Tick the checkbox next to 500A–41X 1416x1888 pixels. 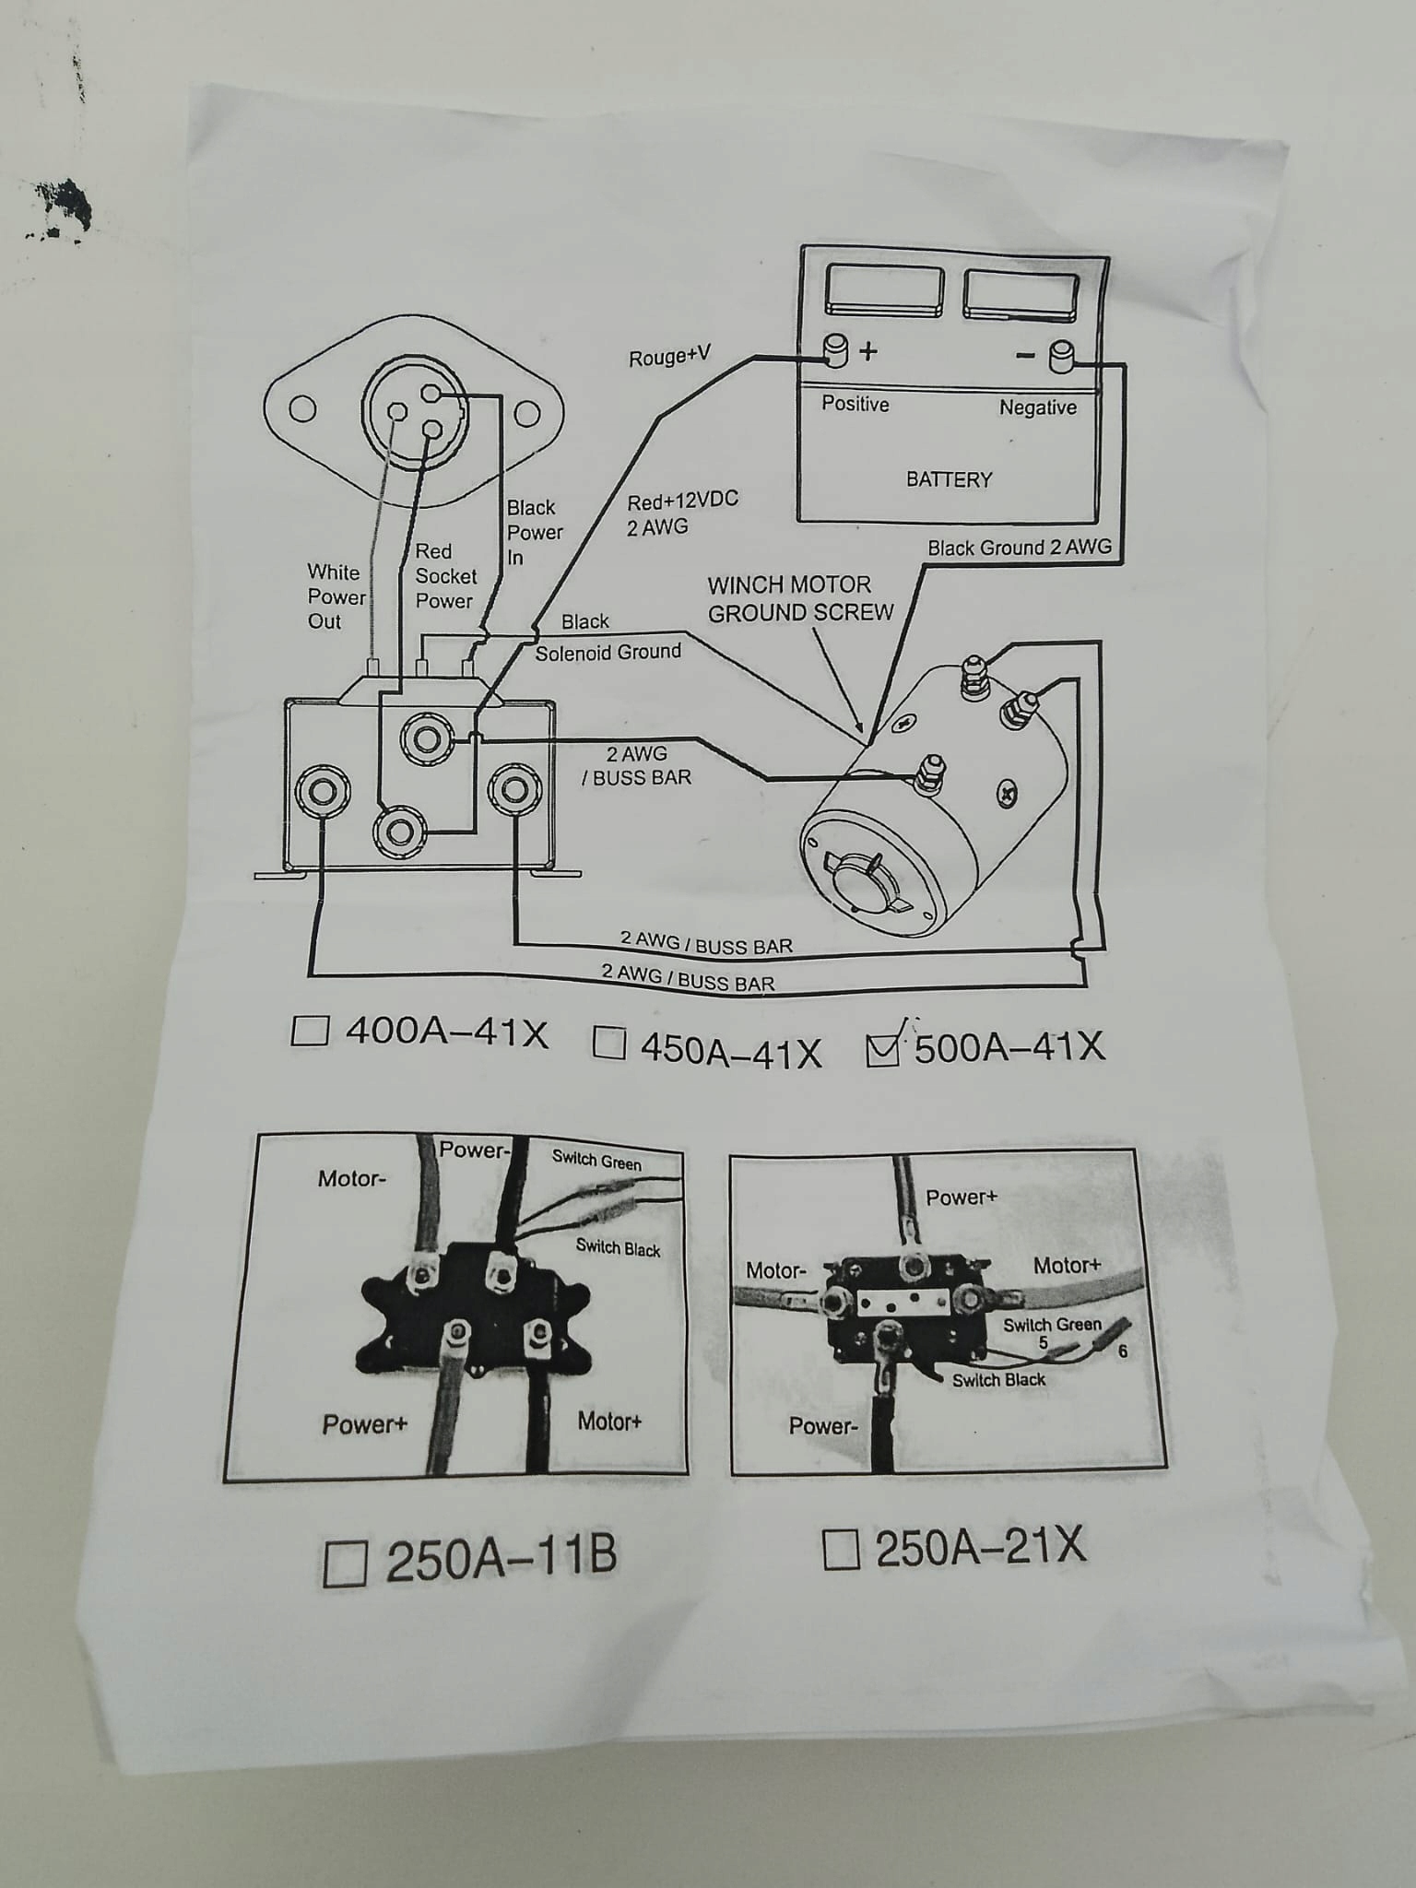point(883,1048)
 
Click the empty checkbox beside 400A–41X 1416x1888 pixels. point(310,1030)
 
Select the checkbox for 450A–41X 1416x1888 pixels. point(608,1043)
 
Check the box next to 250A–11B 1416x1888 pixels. point(346,1563)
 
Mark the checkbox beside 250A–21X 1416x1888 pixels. point(840,1549)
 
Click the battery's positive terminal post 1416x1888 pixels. point(835,351)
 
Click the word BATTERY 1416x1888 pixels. point(949,479)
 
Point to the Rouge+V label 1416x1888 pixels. point(669,357)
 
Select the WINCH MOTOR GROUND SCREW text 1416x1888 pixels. point(799,598)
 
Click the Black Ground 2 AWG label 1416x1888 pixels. point(1019,548)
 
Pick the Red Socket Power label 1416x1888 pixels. point(445,576)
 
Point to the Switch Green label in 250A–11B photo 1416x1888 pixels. point(596,1161)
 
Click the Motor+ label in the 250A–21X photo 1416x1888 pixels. point(1067,1266)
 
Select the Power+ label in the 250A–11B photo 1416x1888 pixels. point(364,1425)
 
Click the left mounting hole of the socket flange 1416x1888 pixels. point(302,408)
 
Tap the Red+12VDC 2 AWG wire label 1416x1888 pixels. point(681,513)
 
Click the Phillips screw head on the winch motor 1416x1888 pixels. point(1008,792)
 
